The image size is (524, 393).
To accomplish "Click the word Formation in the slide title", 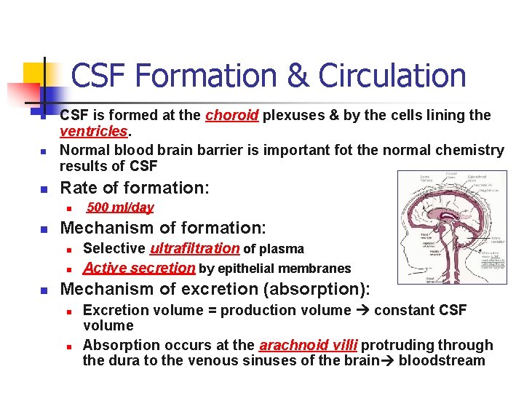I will [x=190, y=76].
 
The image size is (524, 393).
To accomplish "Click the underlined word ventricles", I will [x=94, y=132].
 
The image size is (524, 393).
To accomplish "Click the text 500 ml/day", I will [x=120, y=207].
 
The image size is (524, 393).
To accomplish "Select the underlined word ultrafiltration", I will [x=194, y=249].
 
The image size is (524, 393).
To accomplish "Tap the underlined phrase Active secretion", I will [x=139, y=268].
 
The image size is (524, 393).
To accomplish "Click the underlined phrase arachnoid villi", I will [x=308, y=345].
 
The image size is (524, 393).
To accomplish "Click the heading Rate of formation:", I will [x=135, y=188].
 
